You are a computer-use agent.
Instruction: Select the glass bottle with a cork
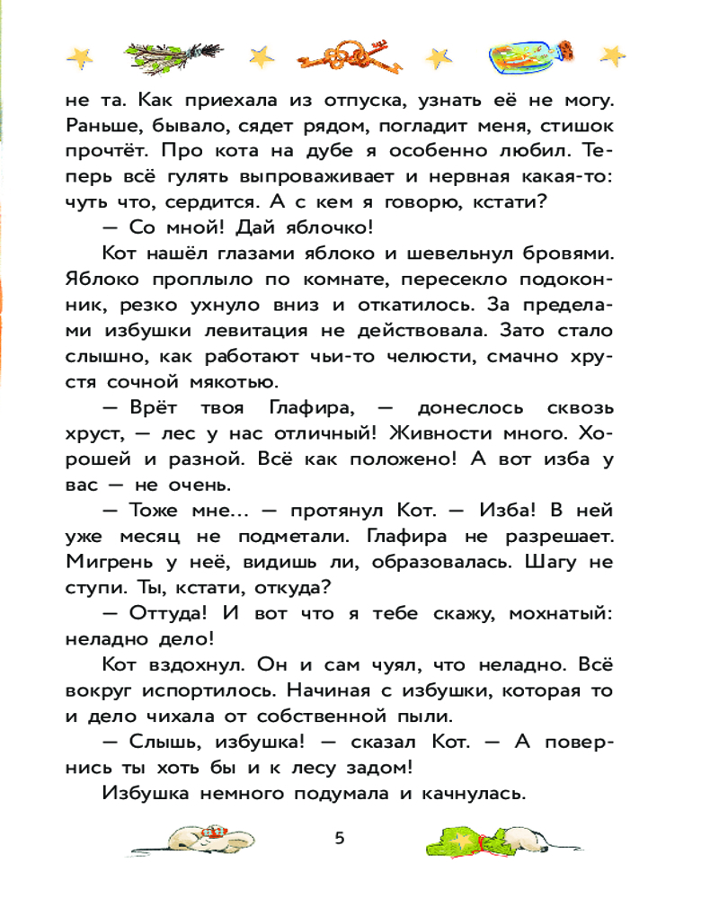tap(531, 57)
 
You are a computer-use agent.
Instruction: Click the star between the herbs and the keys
tap(262, 56)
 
